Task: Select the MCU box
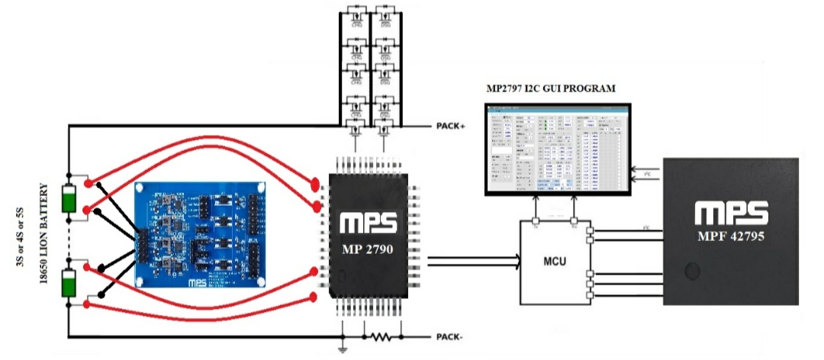555,263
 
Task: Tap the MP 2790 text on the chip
369,249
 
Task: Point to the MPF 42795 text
731,237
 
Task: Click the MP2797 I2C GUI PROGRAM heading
551,89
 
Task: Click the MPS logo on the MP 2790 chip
369,221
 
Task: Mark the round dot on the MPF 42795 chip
693,272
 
